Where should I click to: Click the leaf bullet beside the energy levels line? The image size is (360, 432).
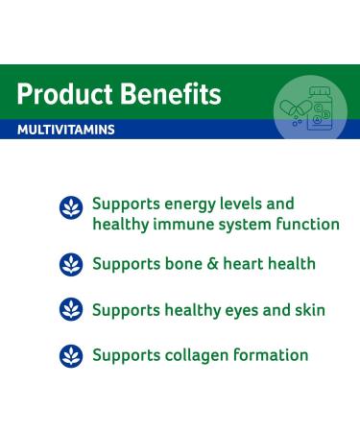pos(71,207)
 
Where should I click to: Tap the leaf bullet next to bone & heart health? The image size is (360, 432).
pos(71,264)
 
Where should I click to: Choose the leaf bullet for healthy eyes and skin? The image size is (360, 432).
pos(71,310)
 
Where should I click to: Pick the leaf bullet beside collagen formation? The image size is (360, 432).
pos(71,356)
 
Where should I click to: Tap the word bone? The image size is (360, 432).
pos(188,263)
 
